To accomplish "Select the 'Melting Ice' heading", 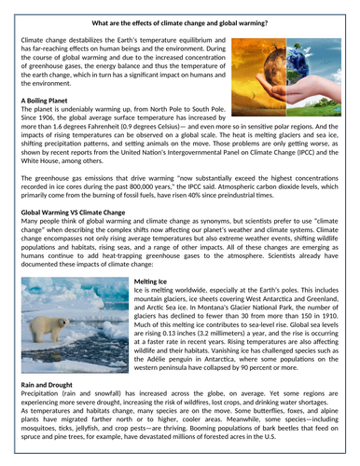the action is click(152, 280).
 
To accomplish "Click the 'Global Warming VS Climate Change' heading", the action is click(79, 212).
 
